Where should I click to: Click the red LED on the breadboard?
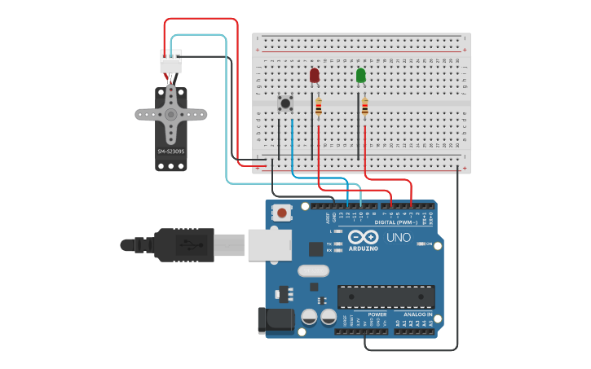[x=315, y=76]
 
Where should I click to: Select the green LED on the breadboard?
[x=360, y=76]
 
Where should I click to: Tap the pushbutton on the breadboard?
[x=285, y=104]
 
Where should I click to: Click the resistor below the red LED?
[x=318, y=107]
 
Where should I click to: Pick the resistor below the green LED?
[x=364, y=107]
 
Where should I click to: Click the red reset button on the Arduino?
[x=282, y=213]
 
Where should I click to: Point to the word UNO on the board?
[x=399, y=238]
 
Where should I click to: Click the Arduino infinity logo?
[x=363, y=237]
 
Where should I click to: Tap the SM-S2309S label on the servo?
[x=171, y=151]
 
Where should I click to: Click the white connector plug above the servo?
[x=170, y=62]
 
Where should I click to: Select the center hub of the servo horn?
[x=170, y=114]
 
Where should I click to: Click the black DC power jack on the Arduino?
[x=275, y=320]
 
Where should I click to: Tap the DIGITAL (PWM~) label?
[x=395, y=222]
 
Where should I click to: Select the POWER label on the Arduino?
[x=377, y=314]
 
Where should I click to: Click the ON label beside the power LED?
[x=429, y=244]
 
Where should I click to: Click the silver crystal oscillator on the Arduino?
[x=311, y=270]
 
